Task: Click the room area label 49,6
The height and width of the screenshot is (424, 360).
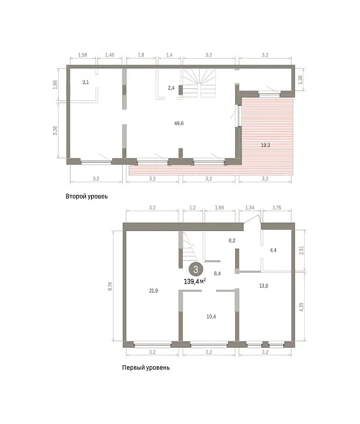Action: point(179,123)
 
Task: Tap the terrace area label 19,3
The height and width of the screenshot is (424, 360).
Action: point(265,145)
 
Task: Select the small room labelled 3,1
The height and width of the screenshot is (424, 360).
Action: point(85,82)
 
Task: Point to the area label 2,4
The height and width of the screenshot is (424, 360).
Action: point(171,88)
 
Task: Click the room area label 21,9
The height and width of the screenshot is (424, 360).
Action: point(154,290)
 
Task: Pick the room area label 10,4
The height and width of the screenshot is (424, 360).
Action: point(211,317)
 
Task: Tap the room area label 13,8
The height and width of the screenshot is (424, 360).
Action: point(263,285)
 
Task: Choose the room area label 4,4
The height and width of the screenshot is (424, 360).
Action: point(273,250)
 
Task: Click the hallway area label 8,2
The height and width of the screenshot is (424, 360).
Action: point(232,240)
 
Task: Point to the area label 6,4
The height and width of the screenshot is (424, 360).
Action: point(217,273)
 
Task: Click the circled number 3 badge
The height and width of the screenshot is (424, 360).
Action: point(196,269)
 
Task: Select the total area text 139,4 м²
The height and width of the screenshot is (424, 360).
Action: point(195,281)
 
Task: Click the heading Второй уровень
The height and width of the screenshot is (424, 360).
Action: point(87,196)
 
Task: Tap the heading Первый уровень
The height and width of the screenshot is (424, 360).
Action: point(146,367)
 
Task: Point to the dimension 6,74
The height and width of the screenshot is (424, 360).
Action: point(110,286)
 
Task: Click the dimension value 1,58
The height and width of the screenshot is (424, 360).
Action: point(83,55)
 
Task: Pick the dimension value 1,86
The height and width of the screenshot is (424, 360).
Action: point(220,208)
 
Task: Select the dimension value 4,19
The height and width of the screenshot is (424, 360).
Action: point(301,307)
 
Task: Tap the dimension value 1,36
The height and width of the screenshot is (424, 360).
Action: point(301,79)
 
